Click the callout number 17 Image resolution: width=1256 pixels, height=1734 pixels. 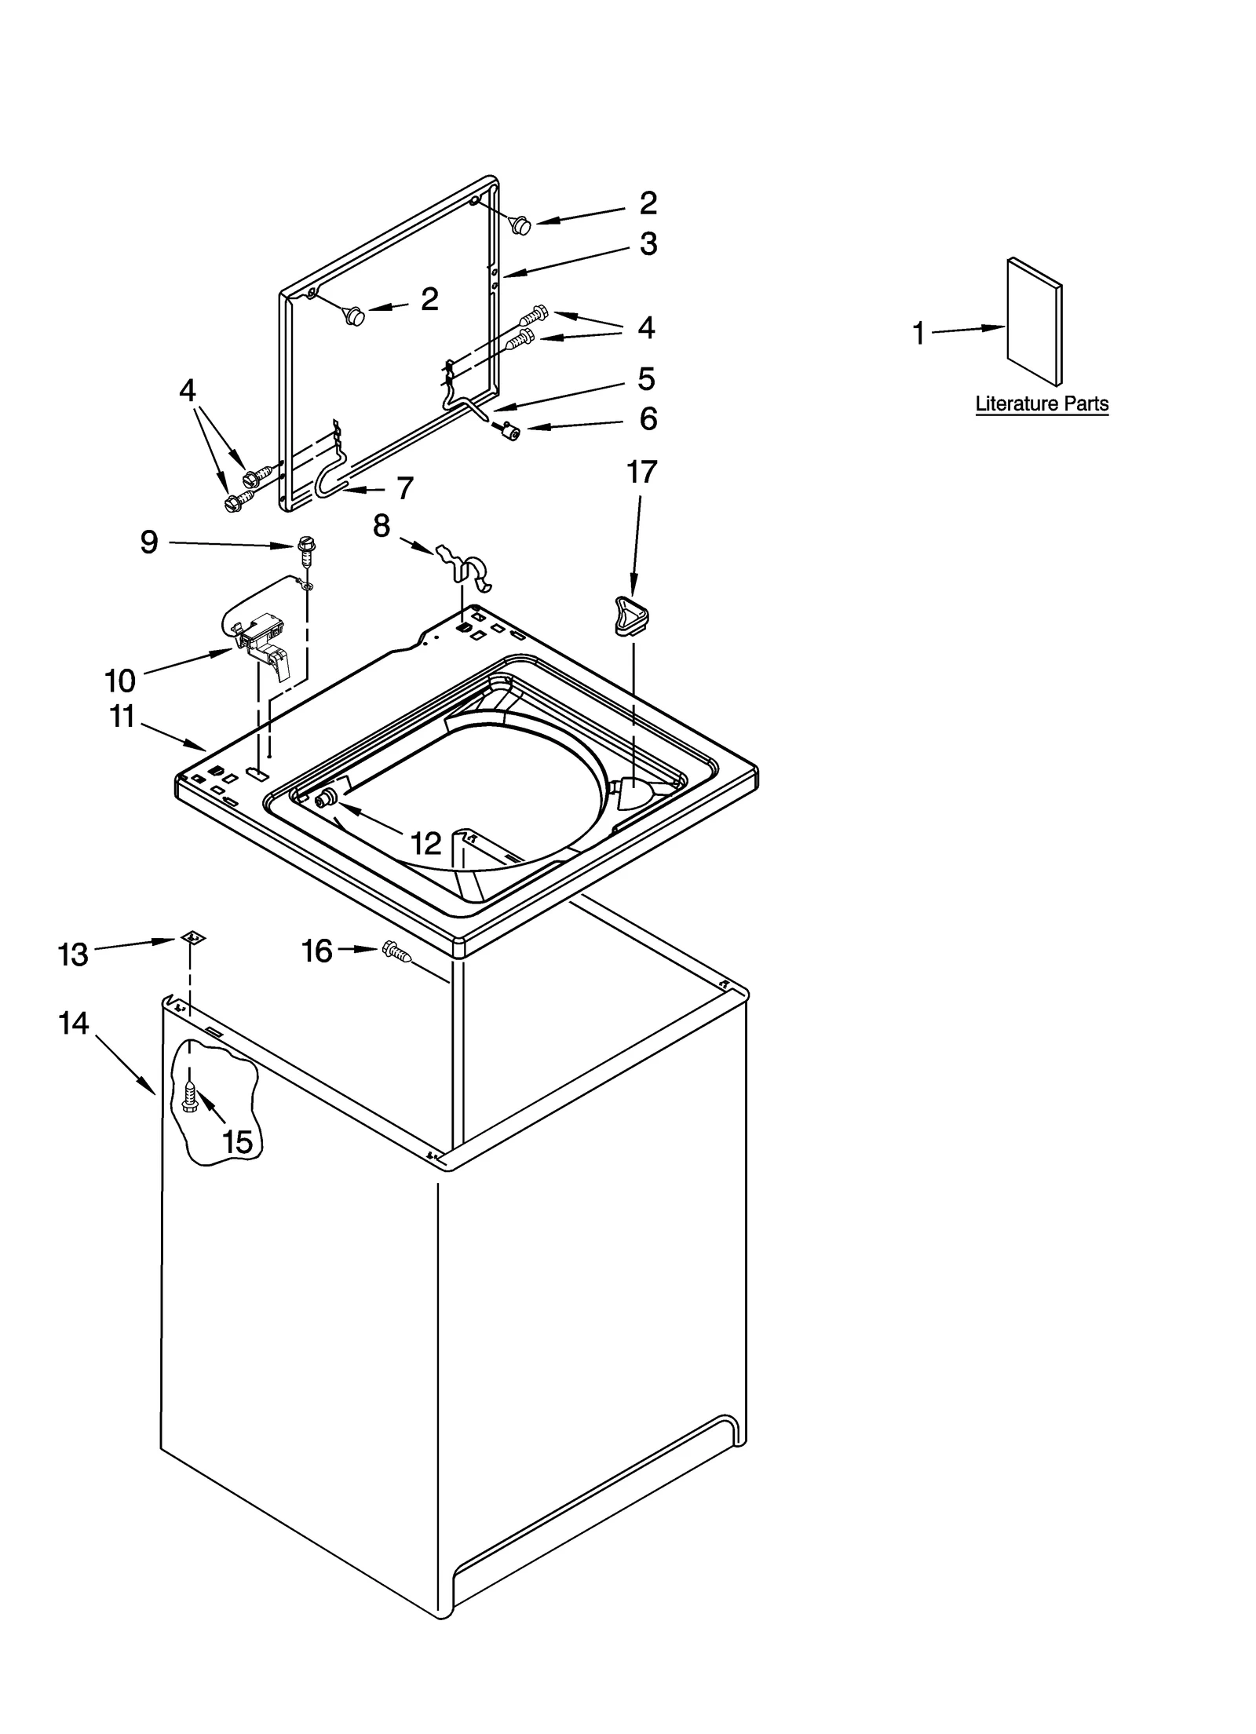coord(641,473)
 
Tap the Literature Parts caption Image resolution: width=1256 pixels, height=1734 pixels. coord(1041,403)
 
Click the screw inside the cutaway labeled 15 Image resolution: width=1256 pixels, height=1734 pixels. coord(189,1096)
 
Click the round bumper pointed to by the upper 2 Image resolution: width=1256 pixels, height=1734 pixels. coord(520,225)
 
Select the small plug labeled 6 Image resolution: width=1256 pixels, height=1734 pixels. coord(513,430)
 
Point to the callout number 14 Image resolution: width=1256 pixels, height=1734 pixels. coord(73,1023)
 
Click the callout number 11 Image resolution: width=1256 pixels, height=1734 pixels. coord(122,716)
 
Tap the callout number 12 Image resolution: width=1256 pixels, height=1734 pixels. coord(426,844)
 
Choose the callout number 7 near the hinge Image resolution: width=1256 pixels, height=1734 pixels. coord(404,488)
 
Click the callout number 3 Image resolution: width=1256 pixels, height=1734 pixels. coord(648,244)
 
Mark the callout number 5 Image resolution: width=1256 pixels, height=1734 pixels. coord(645,379)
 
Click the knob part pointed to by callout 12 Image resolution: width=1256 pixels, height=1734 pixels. coord(323,801)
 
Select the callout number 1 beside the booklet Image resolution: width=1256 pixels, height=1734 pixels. coord(918,334)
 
